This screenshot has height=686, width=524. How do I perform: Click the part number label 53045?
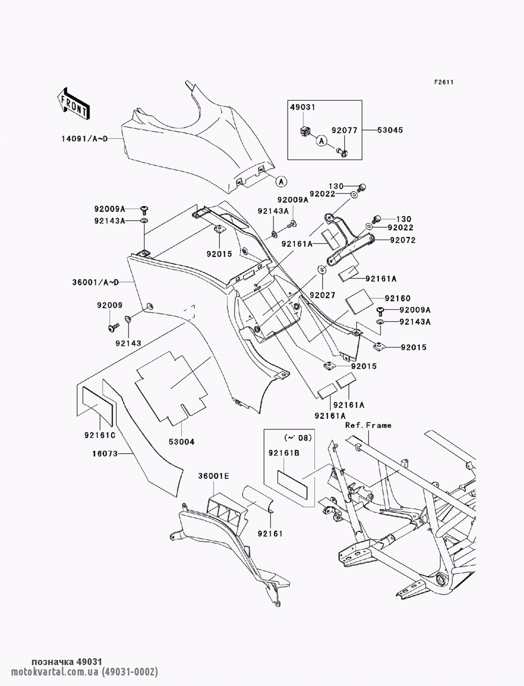tap(390, 129)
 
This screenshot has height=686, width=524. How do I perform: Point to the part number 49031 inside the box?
tap(303, 107)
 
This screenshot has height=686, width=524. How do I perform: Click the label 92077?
tap(344, 130)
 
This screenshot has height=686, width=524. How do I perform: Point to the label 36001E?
tap(213, 476)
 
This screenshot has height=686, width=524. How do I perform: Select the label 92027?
tap(323, 295)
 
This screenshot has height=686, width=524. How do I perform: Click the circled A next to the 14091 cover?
tap(281, 181)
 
